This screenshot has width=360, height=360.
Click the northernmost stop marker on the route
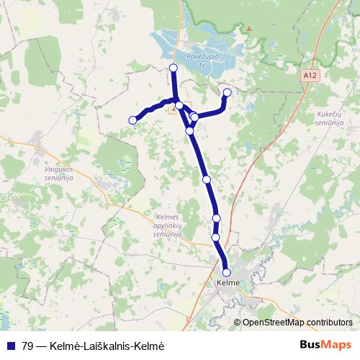tap(173, 68)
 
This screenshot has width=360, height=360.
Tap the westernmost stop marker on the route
tap(132, 120)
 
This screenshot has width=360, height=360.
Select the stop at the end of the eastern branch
tap(228, 92)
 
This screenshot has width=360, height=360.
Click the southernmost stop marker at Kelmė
tap(227, 272)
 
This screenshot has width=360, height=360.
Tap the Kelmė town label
tap(228, 284)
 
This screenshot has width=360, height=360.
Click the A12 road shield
tap(310, 73)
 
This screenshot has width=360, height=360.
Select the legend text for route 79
tap(94, 345)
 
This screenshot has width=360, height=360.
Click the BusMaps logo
tap(325, 344)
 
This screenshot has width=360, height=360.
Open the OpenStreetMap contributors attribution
tap(297, 323)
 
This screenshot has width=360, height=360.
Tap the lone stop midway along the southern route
tap(207, 179)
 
